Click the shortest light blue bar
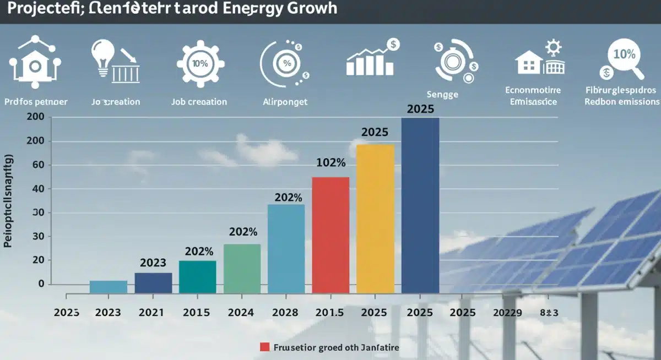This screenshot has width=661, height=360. tap(109, 287)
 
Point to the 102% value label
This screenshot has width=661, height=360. tap(330, 163)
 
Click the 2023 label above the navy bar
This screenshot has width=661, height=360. tap(153, 263)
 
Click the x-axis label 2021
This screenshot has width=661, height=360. tap(151, 313)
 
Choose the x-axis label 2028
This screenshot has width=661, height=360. tap(285, 313)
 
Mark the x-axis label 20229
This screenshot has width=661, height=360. tap(506, 313)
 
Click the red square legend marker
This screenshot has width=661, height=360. tap(264, 347)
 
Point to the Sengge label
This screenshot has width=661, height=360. tap(442, 94)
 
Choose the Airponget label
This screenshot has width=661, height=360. tap(286, 102)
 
